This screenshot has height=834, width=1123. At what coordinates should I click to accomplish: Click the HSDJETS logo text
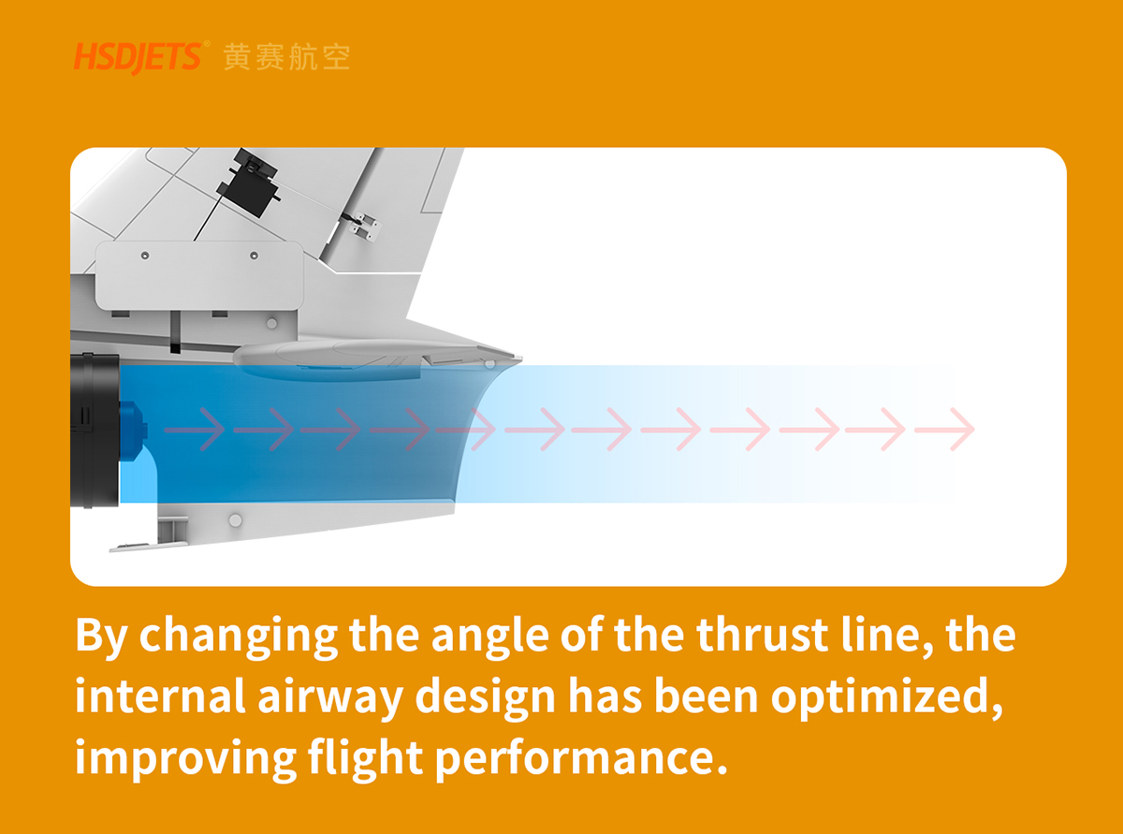pos(139,57)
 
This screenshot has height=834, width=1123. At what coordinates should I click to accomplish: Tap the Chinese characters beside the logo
pos(286,57)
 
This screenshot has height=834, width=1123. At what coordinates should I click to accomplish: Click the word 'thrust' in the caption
pos(762,635)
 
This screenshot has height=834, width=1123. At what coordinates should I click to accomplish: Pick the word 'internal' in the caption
pos(161,696)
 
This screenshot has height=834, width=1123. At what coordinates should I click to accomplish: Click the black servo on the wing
pos(249,183)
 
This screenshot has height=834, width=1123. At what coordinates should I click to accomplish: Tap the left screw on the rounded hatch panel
pos(145,256)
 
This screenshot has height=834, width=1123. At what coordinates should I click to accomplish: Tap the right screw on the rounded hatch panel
pos(255,256)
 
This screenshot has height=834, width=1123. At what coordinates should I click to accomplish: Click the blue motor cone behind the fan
pos(133,431)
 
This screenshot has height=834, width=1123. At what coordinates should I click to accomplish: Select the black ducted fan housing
pos(95,431)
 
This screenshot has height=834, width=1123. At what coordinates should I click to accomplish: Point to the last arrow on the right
pos(944,430)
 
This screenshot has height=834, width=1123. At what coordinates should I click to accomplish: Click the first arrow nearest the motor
pos(195,430)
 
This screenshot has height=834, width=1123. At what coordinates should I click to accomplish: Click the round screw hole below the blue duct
pos(235,520)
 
